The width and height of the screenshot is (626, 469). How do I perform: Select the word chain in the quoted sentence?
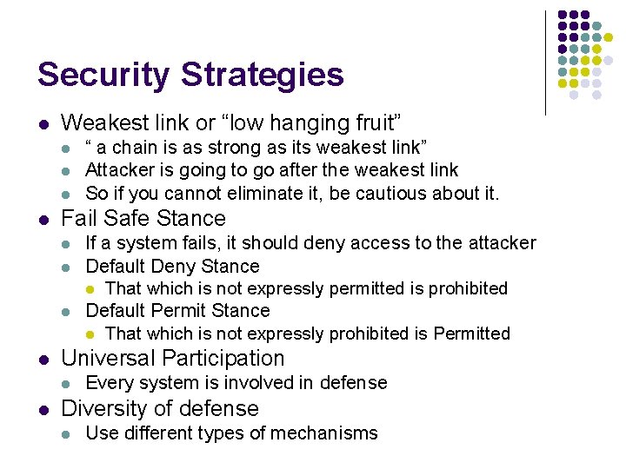133,147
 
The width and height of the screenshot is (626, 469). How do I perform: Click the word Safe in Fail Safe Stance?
123,218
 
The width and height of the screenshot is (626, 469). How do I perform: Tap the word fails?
202,243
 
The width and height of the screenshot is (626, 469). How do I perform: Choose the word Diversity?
104,408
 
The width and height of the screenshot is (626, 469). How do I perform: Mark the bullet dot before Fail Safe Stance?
43,219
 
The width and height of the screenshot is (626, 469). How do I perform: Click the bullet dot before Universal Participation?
43,359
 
